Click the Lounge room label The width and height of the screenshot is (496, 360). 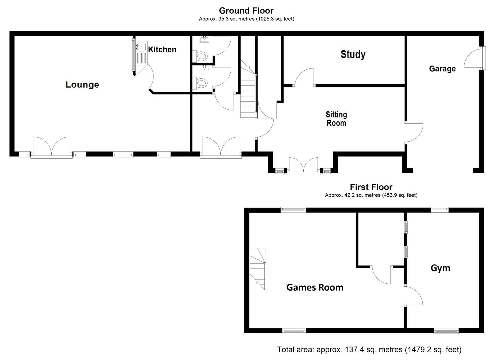point(82,85)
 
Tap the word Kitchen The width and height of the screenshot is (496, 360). point(162,50)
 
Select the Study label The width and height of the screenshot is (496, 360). point(353,55)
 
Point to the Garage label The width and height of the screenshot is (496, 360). point(442,69)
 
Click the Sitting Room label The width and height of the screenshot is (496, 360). point(336,119)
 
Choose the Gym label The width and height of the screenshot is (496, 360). point(441,268)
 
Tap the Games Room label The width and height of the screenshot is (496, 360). point(315,288)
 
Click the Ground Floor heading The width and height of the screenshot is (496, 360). point(246,11)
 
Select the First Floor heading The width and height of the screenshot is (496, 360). point(371,187)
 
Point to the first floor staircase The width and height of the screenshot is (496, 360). point(258,269)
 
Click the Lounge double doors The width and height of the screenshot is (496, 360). point(51,147)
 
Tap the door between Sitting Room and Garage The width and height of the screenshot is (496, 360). point(414,133)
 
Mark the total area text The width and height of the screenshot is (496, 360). point(369,349)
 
